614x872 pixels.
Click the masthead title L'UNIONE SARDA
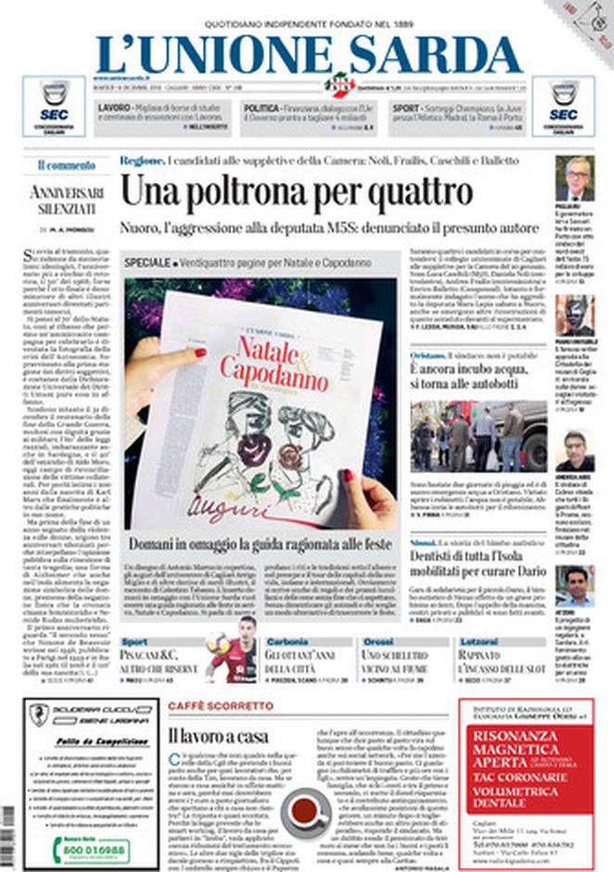[x=307, y=54]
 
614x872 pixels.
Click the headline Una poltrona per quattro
[x=296, y=193]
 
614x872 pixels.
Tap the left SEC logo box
[x=55, y=106]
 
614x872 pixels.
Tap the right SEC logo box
[x=563, y=106]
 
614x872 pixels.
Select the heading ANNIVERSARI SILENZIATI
[x=66, y=202]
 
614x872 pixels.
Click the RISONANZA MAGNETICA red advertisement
[x=525, y=784]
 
